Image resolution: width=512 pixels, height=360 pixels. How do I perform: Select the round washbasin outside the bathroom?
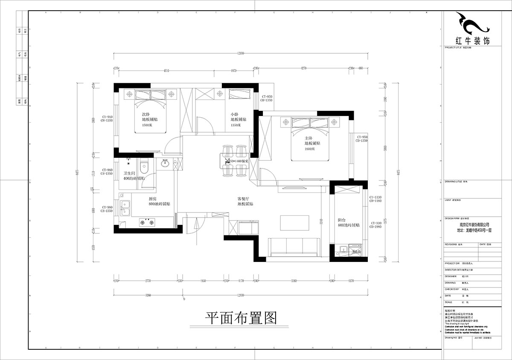pyautogui.click(x=166, y=163)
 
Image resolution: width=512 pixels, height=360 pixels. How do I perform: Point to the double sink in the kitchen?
pyautogui.click(x=125, y=209)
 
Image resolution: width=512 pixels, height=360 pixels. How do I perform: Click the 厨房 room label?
pyautogui.click(x=153, y=199)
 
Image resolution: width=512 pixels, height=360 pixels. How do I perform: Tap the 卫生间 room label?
pyautogui.click(x=129, y=173)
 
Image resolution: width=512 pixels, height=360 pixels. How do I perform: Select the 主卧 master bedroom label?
pyautogui.click(x=309, y=138)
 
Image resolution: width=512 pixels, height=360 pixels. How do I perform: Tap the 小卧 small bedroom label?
pyautogui.click(x=234, y=114)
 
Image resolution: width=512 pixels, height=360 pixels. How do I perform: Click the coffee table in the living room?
pyautogui.click(x=294, y=222)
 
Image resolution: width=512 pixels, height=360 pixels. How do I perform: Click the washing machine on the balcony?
pyautogui.click(x=355, y=250)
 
